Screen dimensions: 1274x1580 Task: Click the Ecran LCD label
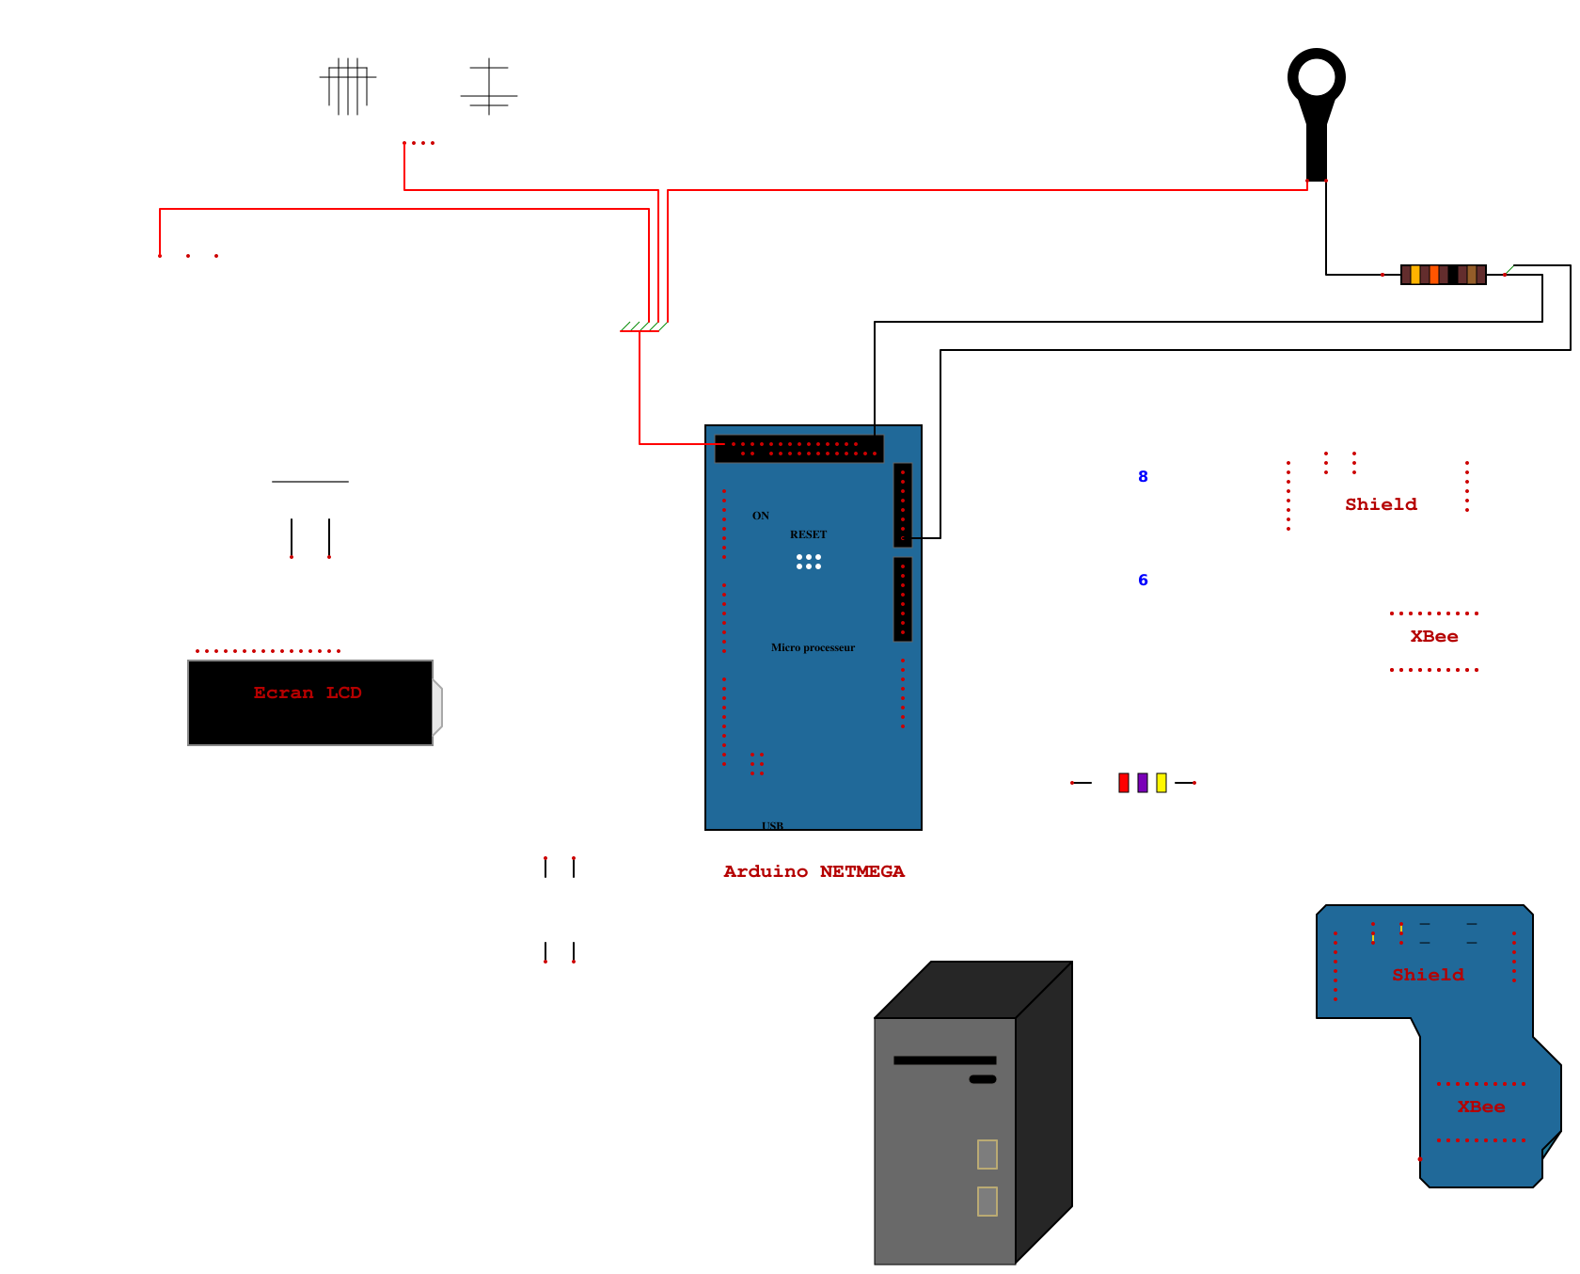(x=308, y=693)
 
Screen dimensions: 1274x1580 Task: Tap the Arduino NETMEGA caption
(x=814, y=872)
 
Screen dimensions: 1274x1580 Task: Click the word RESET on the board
(x=808, y=534)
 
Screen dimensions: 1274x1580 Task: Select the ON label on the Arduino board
(x=761, y=516)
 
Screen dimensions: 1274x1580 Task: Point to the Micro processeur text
(x=813, y=647)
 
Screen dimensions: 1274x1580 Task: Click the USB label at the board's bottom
(x=772, y=825)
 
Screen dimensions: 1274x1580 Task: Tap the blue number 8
(x=1143, y=477)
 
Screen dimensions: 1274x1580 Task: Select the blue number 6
(x=1143, y=581)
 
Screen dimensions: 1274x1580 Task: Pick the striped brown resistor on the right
(x=1443, y=275)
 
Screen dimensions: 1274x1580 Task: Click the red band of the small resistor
(x=1123, y=783)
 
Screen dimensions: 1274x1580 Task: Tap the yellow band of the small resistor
(x=1161, y=783)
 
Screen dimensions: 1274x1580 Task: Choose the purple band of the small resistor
(x=1143, y=783)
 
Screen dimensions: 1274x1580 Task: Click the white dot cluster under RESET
(x=809, y=562)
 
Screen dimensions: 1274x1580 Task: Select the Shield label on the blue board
(x=1428, y=976)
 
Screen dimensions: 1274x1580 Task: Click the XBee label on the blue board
(x=1481, y=1107)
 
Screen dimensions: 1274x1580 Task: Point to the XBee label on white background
(x=1434, y=637)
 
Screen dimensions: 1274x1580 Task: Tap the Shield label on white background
(x=1381, y=505)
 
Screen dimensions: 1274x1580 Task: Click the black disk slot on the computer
(x=944, y=1060)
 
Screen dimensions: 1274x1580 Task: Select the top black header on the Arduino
(x=798, y=449)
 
